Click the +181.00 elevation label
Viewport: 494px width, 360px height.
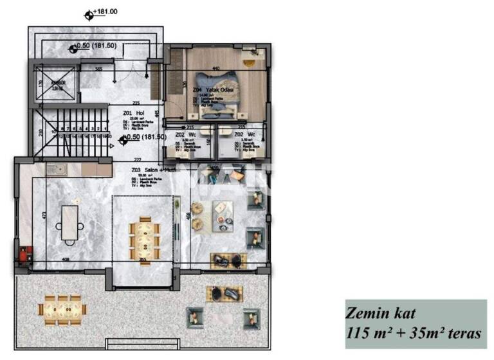pos(105,12)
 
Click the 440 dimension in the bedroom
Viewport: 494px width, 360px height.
pos(216,68)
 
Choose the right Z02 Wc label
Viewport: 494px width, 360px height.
pos(244,135)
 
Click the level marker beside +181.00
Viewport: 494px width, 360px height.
pos(88,12)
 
